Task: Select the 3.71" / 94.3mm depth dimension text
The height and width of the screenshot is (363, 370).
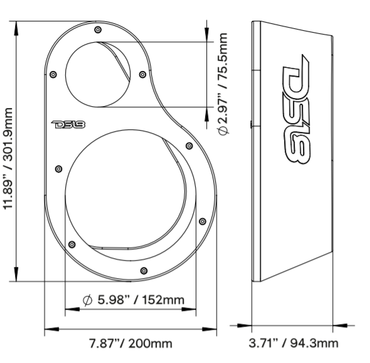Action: (293, 344)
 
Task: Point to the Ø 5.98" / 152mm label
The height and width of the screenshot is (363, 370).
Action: (134, 300)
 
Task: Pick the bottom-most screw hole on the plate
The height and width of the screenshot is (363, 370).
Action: (145, 271)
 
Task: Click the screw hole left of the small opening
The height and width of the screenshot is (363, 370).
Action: (53, 73)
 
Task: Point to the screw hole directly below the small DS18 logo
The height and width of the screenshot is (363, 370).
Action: (59, 168)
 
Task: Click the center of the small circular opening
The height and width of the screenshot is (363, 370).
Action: (99, 75)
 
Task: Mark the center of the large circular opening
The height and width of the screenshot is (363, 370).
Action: (130, 198)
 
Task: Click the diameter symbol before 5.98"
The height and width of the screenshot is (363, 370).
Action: (88, 300)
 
